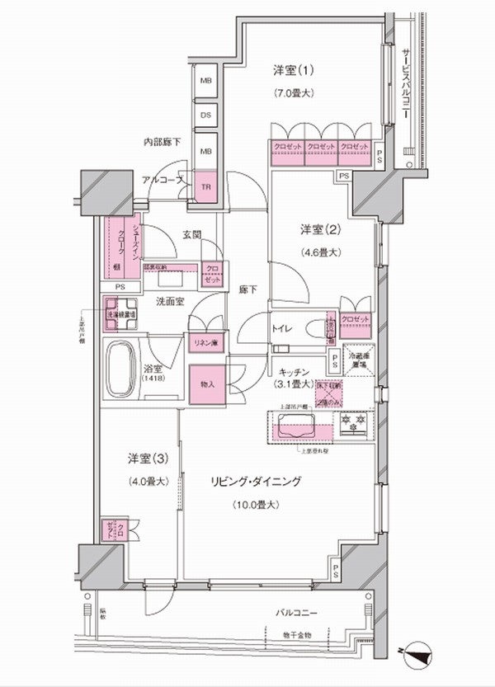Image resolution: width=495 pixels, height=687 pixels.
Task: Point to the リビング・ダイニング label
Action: point(264,481)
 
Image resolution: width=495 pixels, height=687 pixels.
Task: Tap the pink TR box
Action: point(205,187)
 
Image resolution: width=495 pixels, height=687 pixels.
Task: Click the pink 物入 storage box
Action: point(205,384)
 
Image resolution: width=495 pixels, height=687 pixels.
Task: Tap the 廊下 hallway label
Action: point(248,290)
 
